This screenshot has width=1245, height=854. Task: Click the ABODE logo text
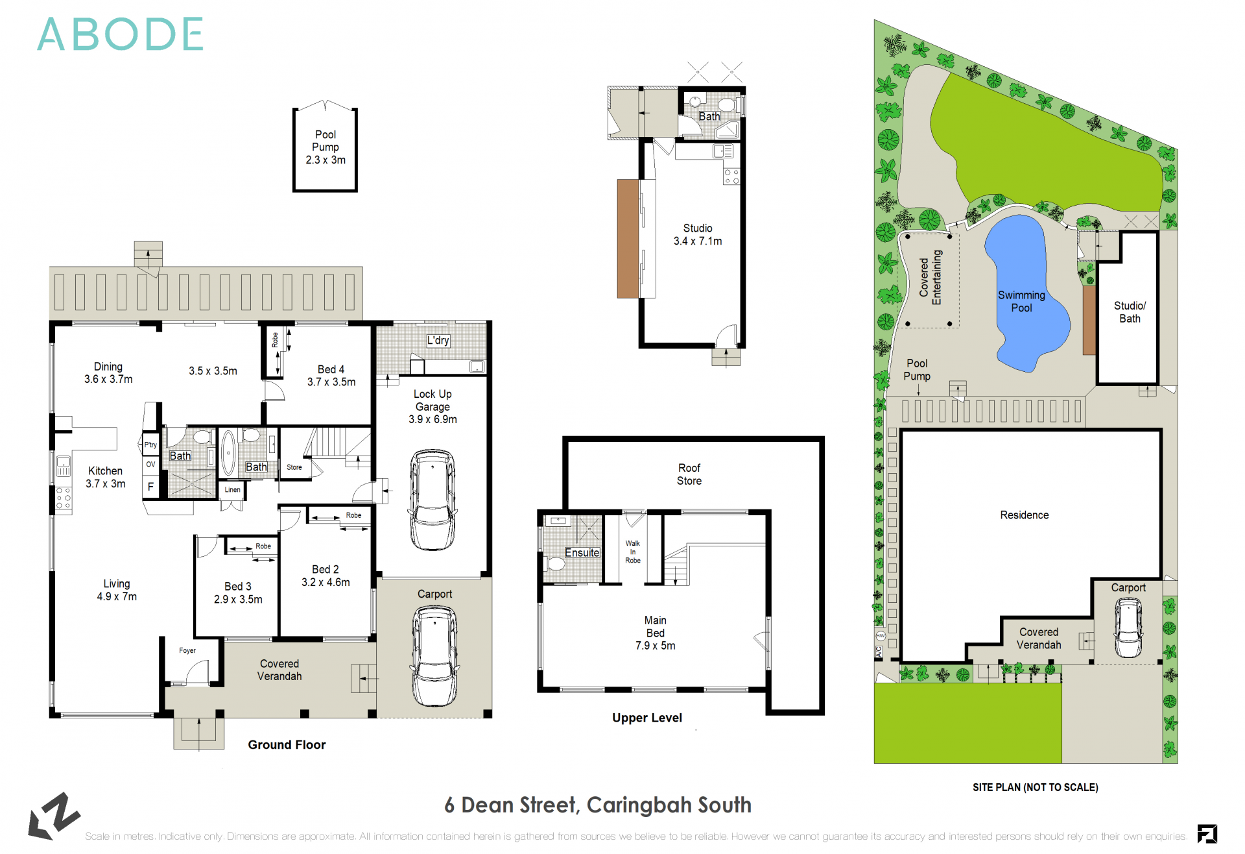(x=121, y=34)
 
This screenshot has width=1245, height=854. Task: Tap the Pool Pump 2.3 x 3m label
(x=326, y=147)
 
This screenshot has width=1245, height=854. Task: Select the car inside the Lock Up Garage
(x=433, y=499)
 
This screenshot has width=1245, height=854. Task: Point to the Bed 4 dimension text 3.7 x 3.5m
(x=331, y=382)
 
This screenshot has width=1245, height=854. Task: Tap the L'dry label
(x=438, y=340)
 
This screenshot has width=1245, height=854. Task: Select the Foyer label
(x=187, y=650)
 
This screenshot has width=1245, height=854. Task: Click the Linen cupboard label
(x=233, y=490)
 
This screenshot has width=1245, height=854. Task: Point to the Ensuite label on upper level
(x=582, y=553)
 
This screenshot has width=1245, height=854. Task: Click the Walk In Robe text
(x=633, y=552)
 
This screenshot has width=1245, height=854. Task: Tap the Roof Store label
(x=689, y=474)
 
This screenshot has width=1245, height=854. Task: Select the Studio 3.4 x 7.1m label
(x=698, y=234)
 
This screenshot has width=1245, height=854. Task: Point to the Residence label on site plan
(x=1024, y=515)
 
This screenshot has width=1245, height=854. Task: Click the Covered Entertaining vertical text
(x=931, y=278)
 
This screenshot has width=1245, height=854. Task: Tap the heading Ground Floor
(x=287, y=745)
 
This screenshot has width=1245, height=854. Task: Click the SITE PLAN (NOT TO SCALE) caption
(x=1035, y=787)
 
